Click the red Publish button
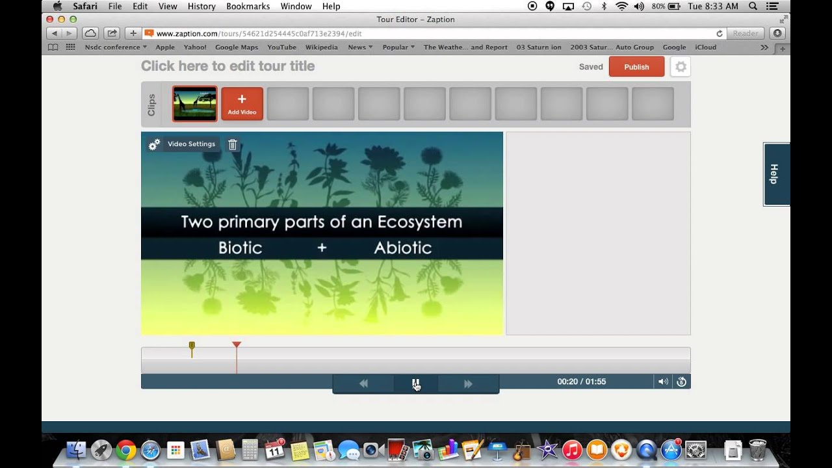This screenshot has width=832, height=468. click(636, 67)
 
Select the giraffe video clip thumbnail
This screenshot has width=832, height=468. click(195, 104)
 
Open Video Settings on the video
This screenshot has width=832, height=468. click(191, 144)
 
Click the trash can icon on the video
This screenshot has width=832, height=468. click(233, 145)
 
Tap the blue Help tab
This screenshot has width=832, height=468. click(776, 174)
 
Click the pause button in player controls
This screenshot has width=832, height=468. click(416, 383)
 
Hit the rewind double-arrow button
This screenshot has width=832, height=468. click(363, 383)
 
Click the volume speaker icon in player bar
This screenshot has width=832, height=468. click(663, 382)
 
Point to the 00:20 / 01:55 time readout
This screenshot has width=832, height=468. click(581, 382)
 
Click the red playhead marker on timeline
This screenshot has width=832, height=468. click(237, 345)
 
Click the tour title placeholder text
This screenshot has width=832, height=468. click(227, 66)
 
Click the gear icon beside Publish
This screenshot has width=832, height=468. click(681, 67)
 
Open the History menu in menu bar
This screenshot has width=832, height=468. click(201, 6)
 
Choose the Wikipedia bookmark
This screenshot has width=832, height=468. click(321, 47)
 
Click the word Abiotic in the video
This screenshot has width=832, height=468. click(402, 248)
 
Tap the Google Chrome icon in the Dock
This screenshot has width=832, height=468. click(126, 450)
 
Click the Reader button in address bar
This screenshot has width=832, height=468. click(745, 33)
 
